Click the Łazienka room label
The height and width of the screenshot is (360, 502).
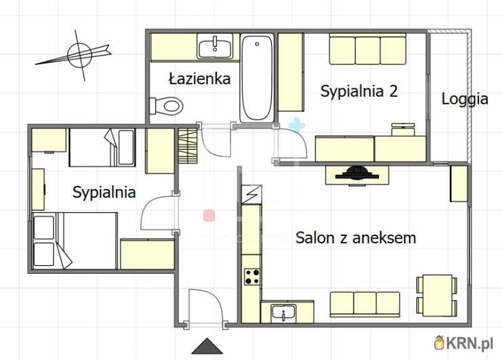(x=199, y=79)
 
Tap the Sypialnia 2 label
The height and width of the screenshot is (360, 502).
(x=359, y=91)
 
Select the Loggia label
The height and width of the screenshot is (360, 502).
(x=465, y=99)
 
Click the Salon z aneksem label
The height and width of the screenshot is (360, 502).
(x=355, y=238)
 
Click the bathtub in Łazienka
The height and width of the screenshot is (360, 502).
(x=257, y=79)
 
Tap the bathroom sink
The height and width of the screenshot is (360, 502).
(x=215, y=47)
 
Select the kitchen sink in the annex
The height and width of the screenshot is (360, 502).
(x=283, y=313)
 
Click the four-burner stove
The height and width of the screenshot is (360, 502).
(x=253, y=276)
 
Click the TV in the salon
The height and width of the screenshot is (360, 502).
(x=358, y=174)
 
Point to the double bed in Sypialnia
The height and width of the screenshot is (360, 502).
(x=75, y=241)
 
